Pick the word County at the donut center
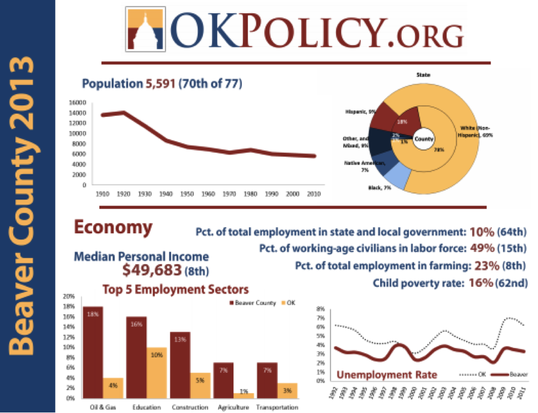pos(423,139)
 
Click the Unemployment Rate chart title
pos(386,374)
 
